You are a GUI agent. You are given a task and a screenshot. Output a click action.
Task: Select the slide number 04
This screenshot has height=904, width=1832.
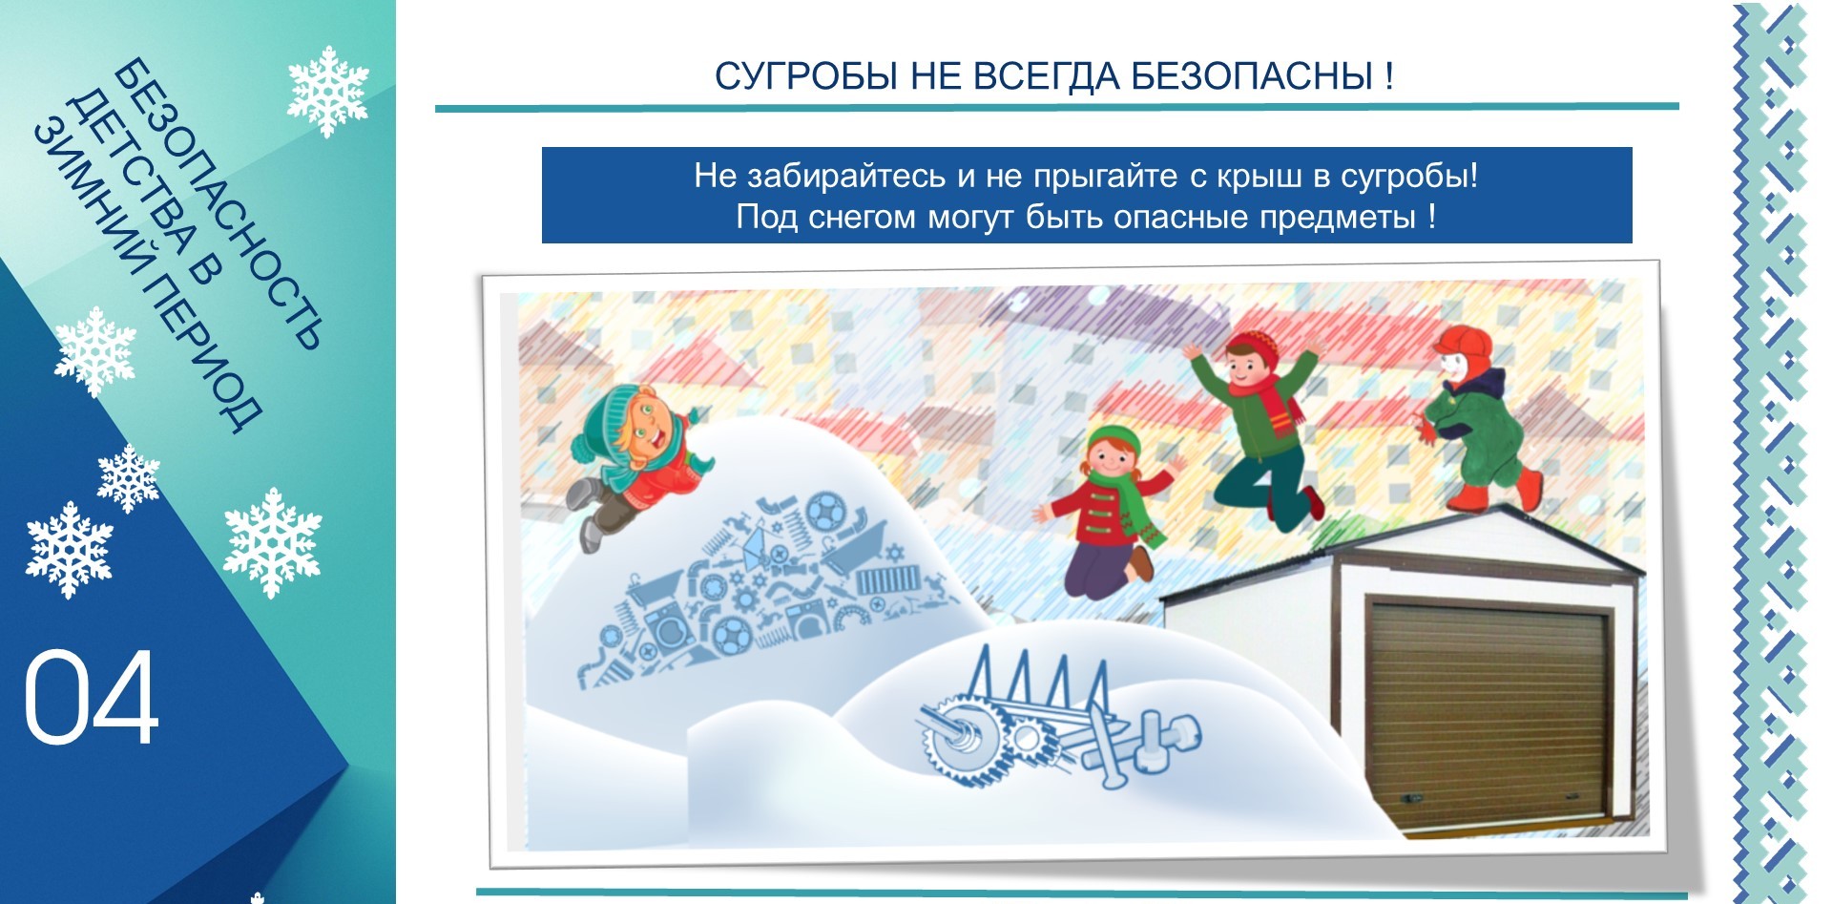click(x=91, y=698)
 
